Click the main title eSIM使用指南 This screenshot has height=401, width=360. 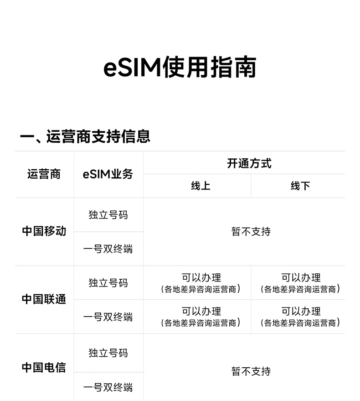[x=180, y=68]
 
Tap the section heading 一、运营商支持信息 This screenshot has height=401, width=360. [x=85, y=136]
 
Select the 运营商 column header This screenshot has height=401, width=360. [x=44, y=174]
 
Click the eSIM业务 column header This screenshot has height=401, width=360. [x=108, y=174]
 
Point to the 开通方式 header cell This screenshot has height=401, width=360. [x=249, y=163]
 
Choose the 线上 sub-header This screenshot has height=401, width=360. [x=201, y=186]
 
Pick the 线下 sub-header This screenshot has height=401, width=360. [x=300, y=186]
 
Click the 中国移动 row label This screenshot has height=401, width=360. [x=44, y=231]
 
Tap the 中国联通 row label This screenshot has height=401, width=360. [x=44, y=299]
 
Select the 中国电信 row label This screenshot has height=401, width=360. [x=44, y=367]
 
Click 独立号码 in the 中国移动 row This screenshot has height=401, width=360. [x=108, y=214]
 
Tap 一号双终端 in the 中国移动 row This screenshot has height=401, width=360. [x=108, y=249]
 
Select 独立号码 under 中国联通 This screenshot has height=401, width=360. [x=108, y=282]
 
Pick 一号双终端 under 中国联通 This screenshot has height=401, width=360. [x=108, y=317]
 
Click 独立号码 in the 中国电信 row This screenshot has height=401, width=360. [x=108, y=353]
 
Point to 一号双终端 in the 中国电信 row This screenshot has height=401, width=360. [x=108, y=387]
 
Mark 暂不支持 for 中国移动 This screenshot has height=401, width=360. [x=251, y=232]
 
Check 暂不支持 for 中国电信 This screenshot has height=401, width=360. [x=251, y=371]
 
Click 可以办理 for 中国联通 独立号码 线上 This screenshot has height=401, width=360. [x=201, y=278]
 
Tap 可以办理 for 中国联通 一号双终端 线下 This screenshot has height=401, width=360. [x=301, y=312]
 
